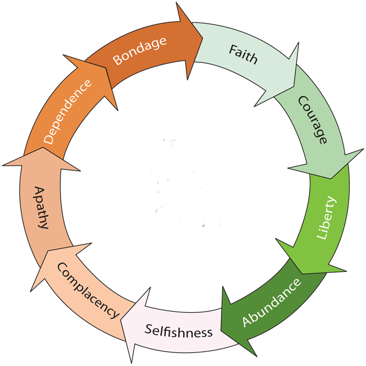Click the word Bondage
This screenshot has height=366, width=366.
(x=140, y=51)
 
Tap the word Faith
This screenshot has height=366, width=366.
(x=243, y=54)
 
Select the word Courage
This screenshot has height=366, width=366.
(x=313, y=120)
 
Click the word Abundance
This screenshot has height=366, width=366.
(x=272, y=303)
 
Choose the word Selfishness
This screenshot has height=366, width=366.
(x=179, y=331)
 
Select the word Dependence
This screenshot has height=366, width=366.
(x=67, y=112)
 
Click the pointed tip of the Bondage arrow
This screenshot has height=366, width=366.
(x=203, y=37)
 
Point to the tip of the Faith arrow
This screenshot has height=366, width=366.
(x=294, y=87)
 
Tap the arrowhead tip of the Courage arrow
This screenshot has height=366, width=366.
(x=331, y=179)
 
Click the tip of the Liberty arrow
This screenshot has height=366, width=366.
(x=303, y=273)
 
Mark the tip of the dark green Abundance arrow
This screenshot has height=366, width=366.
(x=221, y=331)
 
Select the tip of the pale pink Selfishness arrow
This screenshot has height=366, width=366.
(x=121, y=319)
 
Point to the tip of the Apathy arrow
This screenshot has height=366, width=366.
(x=43, y=147)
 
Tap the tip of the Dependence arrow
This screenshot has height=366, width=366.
(x=106, y=68)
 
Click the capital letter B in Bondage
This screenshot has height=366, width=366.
(x=118, y=60)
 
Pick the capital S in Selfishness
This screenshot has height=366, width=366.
(x=148, y=329)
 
